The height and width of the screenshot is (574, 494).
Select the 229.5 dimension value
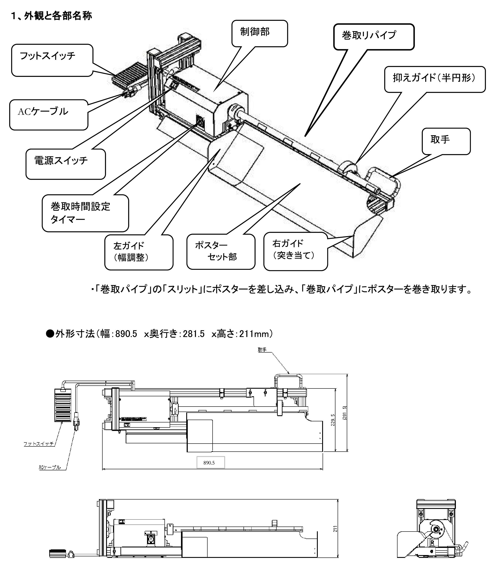click(333, 419)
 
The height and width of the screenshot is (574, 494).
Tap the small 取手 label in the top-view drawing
click(262, 350)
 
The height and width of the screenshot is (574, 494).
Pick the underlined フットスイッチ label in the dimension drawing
click(39, 444)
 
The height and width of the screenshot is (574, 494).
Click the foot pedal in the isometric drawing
click(130, 73)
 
